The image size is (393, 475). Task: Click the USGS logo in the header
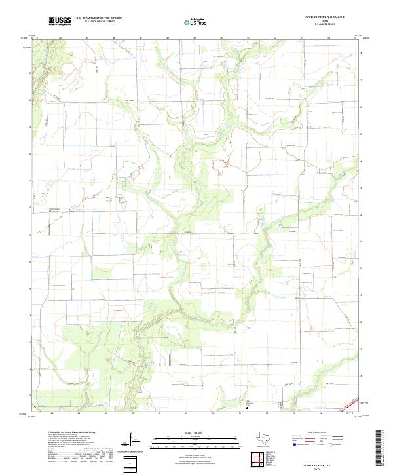click(x=60, y=21)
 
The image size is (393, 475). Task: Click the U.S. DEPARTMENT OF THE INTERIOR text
click(x=99, y=18)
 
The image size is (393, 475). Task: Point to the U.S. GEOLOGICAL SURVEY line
click(x=99, y=22)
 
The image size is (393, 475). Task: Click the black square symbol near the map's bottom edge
click(x=246, y=408)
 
